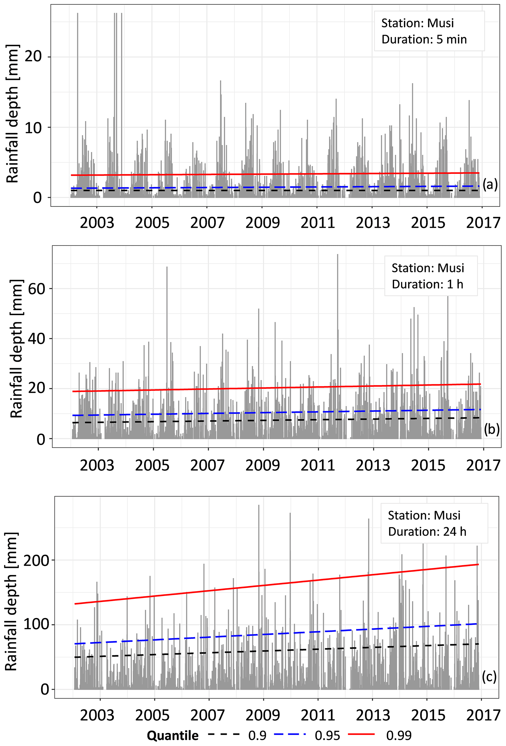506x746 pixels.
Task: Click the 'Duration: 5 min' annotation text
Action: (424, 39)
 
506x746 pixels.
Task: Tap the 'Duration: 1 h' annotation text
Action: (427, 284)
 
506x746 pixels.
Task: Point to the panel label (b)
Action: (492, 429)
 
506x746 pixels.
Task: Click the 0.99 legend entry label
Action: (399, 735)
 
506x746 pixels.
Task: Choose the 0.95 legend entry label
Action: (327, 735)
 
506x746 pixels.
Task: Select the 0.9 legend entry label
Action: (257, 735)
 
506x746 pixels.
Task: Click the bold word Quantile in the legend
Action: (173, 735)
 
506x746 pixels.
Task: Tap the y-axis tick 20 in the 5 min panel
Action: (33, 57)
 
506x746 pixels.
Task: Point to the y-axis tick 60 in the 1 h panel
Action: (36, 289)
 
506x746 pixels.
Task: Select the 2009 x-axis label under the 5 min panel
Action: (262, 223)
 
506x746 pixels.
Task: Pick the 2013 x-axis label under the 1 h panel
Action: (373, 465)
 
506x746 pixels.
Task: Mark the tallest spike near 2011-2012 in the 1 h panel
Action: (338, 255)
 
